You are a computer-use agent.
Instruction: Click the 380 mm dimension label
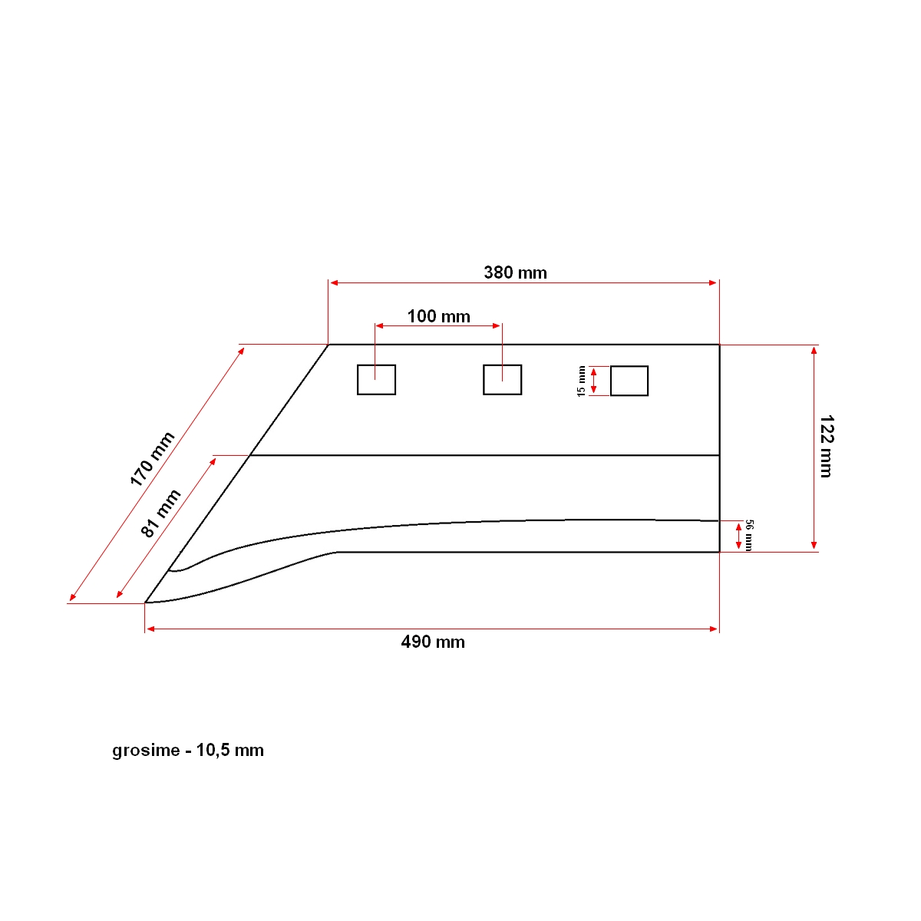[x=515, y=272]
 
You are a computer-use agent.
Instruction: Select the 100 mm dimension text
[x=438, y=316]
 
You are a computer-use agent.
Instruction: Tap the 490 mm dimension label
[x=433, y=642]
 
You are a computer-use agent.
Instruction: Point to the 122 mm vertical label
[x=826, y=447]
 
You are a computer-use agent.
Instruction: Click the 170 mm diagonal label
[x=152, y=459]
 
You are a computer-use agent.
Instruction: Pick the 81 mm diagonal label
[x=161, y=513]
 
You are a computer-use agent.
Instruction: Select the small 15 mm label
[x=581, y=381]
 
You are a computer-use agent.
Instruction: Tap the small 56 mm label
[x=749, y=535]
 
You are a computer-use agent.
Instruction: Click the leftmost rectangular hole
[x=376, y=380]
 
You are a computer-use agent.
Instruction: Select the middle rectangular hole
[x=502, y=380]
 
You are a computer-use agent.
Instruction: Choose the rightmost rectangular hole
[x=629, y=381]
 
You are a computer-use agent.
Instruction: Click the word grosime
[x=146, y=751]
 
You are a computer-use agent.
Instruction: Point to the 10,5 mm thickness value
[x=229, y=751]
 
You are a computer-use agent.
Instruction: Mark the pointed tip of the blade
[x=147, y=602]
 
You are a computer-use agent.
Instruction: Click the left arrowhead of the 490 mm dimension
[x=150, y=629]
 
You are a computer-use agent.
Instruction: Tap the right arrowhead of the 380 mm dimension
[x=713, y=283]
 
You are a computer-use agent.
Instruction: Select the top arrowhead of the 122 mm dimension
[x=814, y=350]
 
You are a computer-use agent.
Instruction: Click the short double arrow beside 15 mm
[x=593, y=381]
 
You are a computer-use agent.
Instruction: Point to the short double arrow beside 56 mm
[x=738, y=536]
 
